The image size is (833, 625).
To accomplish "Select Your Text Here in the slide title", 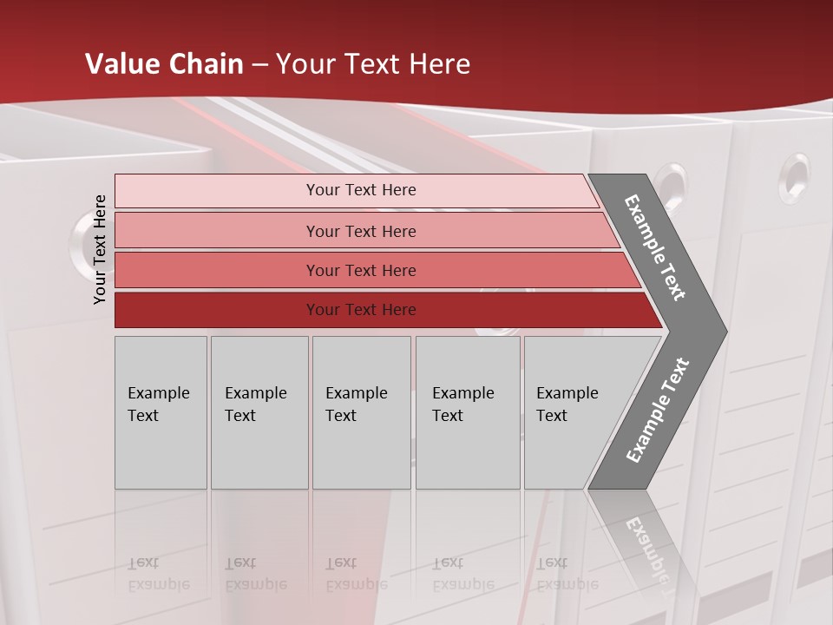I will pos(373,64).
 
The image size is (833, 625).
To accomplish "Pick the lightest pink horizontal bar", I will pos(356,190).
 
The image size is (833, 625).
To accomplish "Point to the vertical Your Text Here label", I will pos(100,249).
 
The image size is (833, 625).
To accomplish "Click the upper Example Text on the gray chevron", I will pos(655,247).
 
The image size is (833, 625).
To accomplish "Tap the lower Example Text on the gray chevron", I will pos(657,411).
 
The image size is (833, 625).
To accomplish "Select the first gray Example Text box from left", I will pos(161,412).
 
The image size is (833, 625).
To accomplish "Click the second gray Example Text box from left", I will pos(259,412).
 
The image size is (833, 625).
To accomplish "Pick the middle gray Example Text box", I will pos(361,412).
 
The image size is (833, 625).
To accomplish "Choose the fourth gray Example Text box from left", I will pos(468,412).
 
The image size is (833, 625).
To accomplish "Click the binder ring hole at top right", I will pos(793,177).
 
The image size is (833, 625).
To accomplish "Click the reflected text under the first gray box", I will pos(158,574).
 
